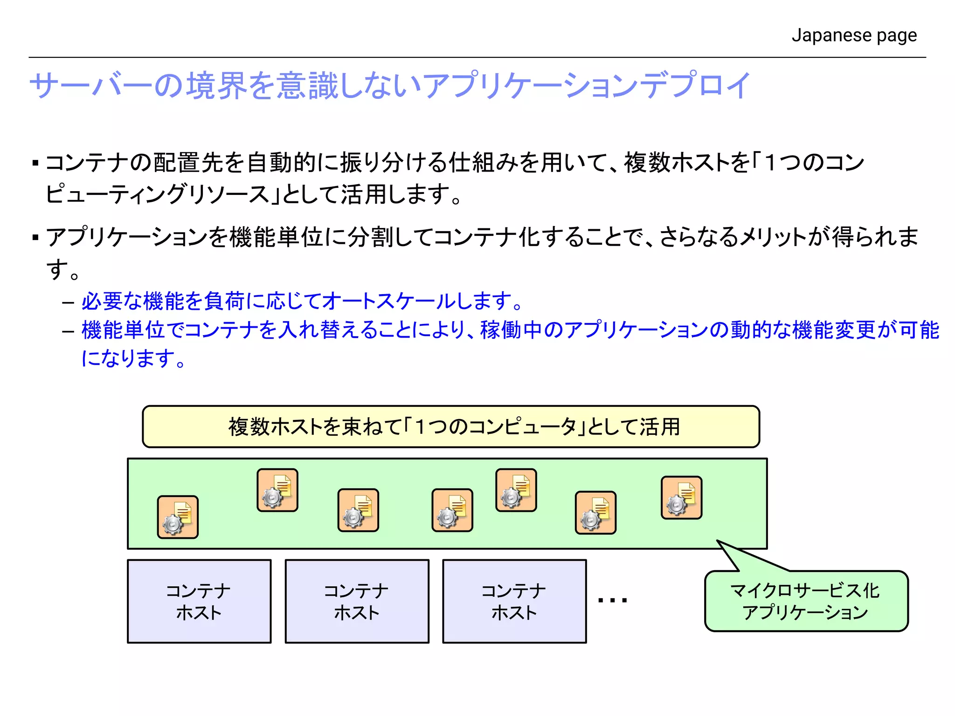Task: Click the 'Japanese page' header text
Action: pyautogui.click(x=854, y=35)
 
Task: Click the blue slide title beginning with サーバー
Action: pyautogui.click(x=390, y=86)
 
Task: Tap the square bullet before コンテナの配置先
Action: pyautogui.click(x=35, y=163)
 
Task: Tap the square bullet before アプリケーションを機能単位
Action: pyautogui.click(x=35, y=237)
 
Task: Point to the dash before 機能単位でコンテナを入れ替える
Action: pyautogui.click(x=68, y=331)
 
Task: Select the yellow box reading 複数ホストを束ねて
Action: pyautogui.click(x=451, y=427)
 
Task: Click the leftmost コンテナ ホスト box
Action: pyautogui.click(x=199, y=601)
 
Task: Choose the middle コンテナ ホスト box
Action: pyautogui.click(x=357, y=601)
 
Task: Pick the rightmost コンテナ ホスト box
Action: pyautogui.click(x=514, y=601)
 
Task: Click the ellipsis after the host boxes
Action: pyautogui.click(x=612, y=600)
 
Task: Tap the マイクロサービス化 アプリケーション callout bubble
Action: pyautogui.click(x=806, y=601)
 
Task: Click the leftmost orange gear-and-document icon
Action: pyautogui.click(x=178, y=517)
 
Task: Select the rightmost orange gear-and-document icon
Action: pyautogui.click(x=681, y=497)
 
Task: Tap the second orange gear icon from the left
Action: pyautogui.click(x=277, y=490)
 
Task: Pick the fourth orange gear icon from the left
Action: pyautogui.click(x=452, y=510)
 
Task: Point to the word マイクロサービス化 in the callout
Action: pyautogui.click(x=805, y=591)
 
